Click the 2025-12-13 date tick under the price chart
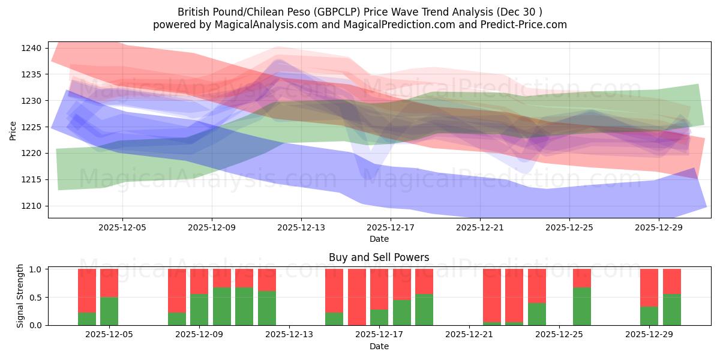click(x=301, y=228)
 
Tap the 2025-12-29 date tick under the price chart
click(x=659, y=228)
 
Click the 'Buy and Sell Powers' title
click(x=379, y=257)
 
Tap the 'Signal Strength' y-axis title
click(x=20, y=296)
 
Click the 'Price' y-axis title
click(x=13, y=130)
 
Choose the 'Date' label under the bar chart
click(x=379, y=346)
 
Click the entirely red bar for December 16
click(x=357, y=297)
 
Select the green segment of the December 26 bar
click(x=582, y=307)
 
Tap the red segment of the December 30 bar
click(x=672, y=281)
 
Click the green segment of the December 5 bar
click(x=109, y=311)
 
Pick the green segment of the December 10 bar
click(x=222, y=307)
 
